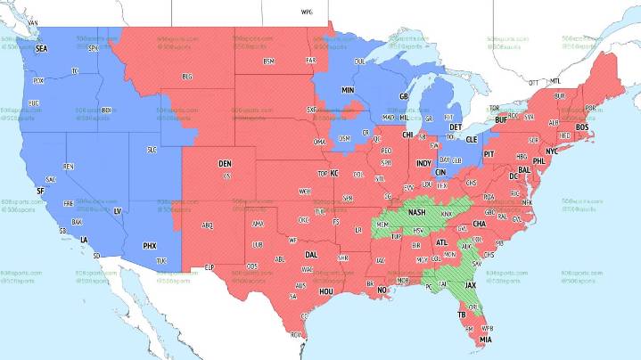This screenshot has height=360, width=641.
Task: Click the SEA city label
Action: pyautogui.click(x=41, y=49)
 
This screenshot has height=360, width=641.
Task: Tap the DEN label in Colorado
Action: pyautogui.click(x=225, y=164)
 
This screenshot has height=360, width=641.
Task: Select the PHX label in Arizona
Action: pyautogui.click(x=150, y=245)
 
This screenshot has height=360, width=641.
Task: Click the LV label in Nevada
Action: pyautogui.click(x=117, y=211)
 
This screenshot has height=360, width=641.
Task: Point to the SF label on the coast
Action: pyautogui.click(x=39, y=192)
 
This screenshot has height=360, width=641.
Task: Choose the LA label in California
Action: pyautogui.click(x=84, y=240)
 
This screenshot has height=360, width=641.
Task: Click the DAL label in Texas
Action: pyautogui.click(x=311, y=254)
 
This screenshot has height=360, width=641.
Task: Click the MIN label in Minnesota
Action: pyautogui.click(x=348, y=91)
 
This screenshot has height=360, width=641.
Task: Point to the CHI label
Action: pyautogui.click(x=407, y=135)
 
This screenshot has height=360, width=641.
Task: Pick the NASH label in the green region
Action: pyautogui.click(x=415, y=212)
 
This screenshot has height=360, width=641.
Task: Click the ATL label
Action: pyautogui.click(x=441, y=242)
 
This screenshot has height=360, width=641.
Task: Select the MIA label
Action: pyautogui.click(x=486, y=340)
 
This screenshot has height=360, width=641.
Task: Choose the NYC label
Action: pyautogui.click(x=552, y=151)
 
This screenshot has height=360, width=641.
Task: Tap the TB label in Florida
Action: pyautogui.click(x=462, y=315)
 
